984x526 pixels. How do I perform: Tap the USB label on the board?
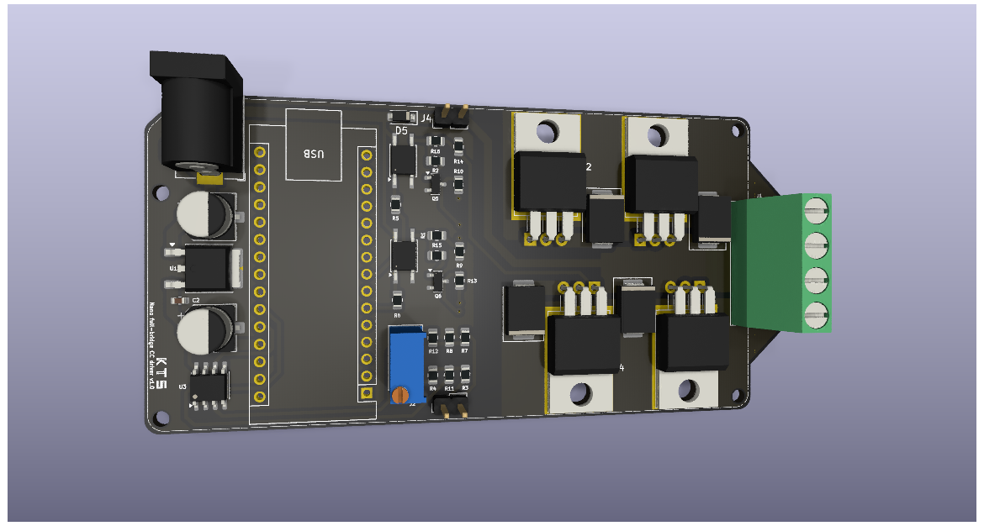coord(313,154)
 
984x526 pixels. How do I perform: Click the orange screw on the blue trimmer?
coord(401,393)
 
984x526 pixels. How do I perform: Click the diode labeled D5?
coord(400,117)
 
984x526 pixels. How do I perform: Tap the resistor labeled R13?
coord(459,281)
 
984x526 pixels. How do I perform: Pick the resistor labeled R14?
coord(458,148)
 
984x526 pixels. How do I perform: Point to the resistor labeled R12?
coord(433,339)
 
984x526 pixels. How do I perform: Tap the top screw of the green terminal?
coord(813,210)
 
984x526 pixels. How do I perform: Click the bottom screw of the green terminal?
coord(813,316)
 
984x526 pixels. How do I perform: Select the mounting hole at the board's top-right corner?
coord(737,131)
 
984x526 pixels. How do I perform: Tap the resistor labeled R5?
coord(395,204)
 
